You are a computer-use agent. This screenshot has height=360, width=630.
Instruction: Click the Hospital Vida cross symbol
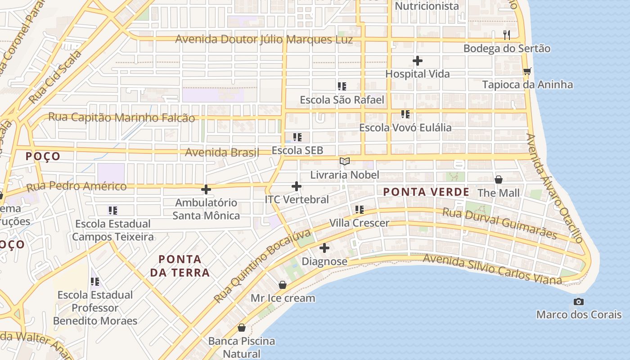(x=418, y=61)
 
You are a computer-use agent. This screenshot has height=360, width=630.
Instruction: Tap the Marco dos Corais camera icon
(x=579, y=301)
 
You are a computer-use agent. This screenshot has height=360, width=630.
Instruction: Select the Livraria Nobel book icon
(x=345, y=161)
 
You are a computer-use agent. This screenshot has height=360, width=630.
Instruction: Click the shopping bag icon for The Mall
(x=499, y=180)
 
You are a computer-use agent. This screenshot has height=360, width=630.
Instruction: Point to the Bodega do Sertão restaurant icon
(x=507, y=35)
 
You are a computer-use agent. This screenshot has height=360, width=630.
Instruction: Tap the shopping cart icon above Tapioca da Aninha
(x=527, y=71)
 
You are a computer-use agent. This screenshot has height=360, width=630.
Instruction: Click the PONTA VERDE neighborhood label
(x=426, y=192)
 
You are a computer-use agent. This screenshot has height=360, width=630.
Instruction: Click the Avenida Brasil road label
(x=222, y=153)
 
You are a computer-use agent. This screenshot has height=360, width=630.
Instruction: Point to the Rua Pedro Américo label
(x=76, y=186)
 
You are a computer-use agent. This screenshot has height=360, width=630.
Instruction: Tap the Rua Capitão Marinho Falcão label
(x=121, y=117)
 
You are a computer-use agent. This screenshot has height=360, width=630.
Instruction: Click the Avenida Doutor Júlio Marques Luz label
(x=264, y=39)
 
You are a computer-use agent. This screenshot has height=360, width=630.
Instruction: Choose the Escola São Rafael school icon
(x=342, y=86)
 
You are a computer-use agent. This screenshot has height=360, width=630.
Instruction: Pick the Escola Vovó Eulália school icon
(x=405, y=114)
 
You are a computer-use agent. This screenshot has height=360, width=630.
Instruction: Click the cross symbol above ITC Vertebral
(x=297, y=186)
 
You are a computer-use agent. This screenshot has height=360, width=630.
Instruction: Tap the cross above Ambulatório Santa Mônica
(x=206, y=189)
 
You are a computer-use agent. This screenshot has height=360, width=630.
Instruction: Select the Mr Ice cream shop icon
(x=283, y=285)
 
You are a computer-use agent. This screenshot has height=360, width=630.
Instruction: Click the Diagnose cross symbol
(x=324, y=248)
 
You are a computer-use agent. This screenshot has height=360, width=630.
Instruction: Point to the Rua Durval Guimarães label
(x=499, y=223)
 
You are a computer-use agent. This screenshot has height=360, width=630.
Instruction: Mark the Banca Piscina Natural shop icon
(x=242, y=328)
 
